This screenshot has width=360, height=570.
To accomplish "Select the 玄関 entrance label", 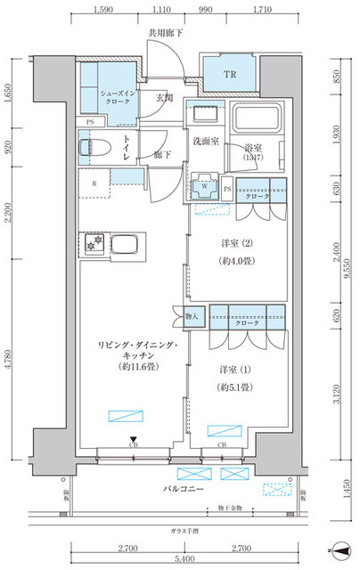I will tap(164, 98).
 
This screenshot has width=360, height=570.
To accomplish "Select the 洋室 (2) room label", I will tap(236, 243).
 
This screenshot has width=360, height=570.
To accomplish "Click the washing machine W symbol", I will tap(205, 187).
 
